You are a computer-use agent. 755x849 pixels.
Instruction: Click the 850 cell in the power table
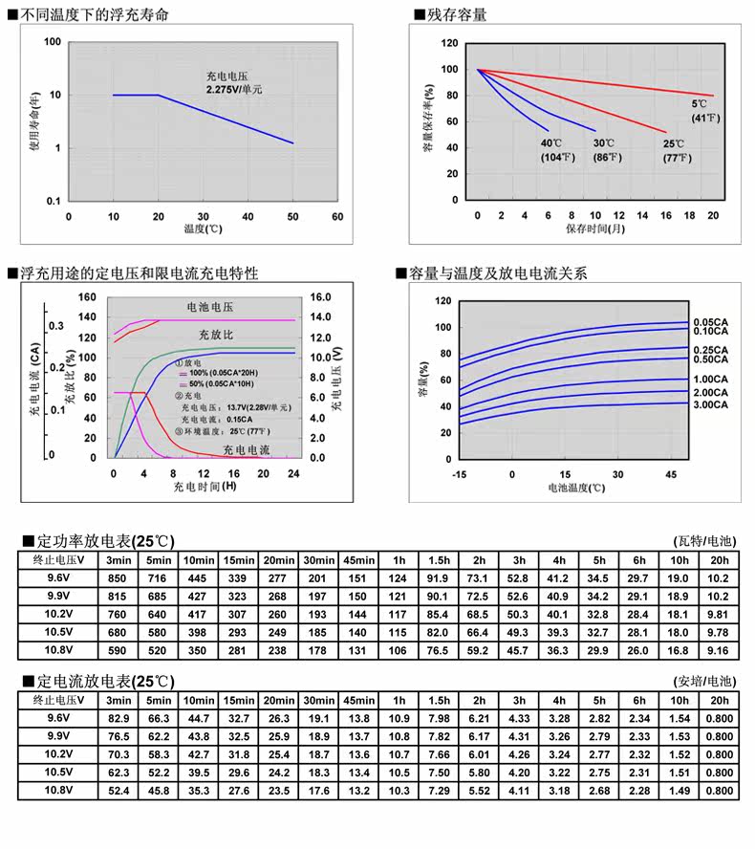click(118, 578)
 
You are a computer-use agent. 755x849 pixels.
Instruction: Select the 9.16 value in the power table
click(720, 651)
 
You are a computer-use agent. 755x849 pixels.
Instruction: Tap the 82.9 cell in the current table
click(118, 718)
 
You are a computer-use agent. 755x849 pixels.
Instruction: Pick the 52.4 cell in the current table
click(118, 791)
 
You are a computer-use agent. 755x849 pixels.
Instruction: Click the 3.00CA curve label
click(710, 406)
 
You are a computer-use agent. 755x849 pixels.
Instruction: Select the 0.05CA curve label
click(710, 322)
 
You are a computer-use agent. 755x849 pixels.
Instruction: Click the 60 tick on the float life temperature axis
click(337, 217)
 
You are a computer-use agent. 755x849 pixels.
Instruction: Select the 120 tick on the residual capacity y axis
click(449, 44)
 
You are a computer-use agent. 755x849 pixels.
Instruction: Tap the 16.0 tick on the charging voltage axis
click(320, 297)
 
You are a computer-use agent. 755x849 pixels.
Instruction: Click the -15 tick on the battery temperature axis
click(460, 475)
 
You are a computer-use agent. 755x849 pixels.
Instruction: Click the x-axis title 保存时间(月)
click(595, 230)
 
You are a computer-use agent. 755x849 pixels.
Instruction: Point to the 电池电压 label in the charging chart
click(210, 308)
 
